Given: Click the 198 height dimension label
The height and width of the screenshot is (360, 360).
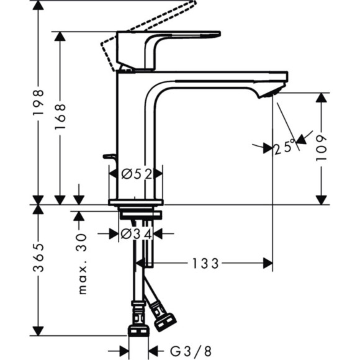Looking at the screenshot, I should pyautogui.click(x=38, y=103).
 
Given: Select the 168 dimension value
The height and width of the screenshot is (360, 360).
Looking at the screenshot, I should pyautogui.click(x=60, y=117).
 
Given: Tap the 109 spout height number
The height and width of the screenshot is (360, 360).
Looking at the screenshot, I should pyautogui.click(x=321, y=149).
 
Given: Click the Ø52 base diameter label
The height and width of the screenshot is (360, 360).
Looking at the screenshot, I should pyautogui.click(x=136, y=174).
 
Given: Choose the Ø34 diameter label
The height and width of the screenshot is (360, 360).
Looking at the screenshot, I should pyautogui.click(x=136, y=234).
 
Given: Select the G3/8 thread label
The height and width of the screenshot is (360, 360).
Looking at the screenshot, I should pyautogui.click(x=182, y=349).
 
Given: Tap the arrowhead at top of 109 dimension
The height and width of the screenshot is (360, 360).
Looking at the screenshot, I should pyautogui.click(x=321, y=99).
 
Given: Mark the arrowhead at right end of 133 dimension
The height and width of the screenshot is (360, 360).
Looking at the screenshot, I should pyautogui.click(x=268, y=264).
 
